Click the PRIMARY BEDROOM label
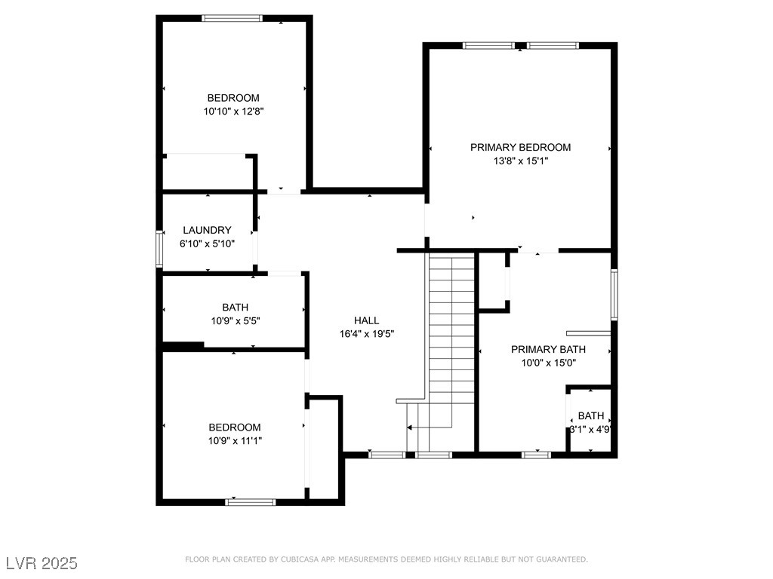pyautogui.click(x=520, y=147)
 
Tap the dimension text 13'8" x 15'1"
pyautogui.click(x=521, y=161)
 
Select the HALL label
pyautogui.click(x=366, y=320)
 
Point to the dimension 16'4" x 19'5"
pyautogui.click(x=367, y=334)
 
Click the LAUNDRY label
pyautogui.click(x=207, y=230)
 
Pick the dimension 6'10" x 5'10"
pyautogui.click(x=207, y=244)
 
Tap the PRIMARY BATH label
pyautogui.click(x=548, y=350)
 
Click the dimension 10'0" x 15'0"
pyautogui.click(x=549, y=363)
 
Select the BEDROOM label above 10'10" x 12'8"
pyautogui.click(x=233, y=98)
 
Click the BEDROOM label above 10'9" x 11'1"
pyautogui.click(x=235, y=427)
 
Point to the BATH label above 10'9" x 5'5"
pyautogui.click(x=236, y=308)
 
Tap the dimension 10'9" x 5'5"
pyautogui.click(x=236, y=321)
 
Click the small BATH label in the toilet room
pyautogui.click(x=591, y=415)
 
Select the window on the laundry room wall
pyautogui.click(x=159, y=249)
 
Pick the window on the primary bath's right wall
pyautogui.click(x=614, y=295)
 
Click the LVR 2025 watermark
pyautogui.click(x=42, y=563)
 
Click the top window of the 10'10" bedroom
pyautogui.click(x=232, y=18)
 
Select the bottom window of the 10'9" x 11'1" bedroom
pyautogui.click(x=251, y=502)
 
